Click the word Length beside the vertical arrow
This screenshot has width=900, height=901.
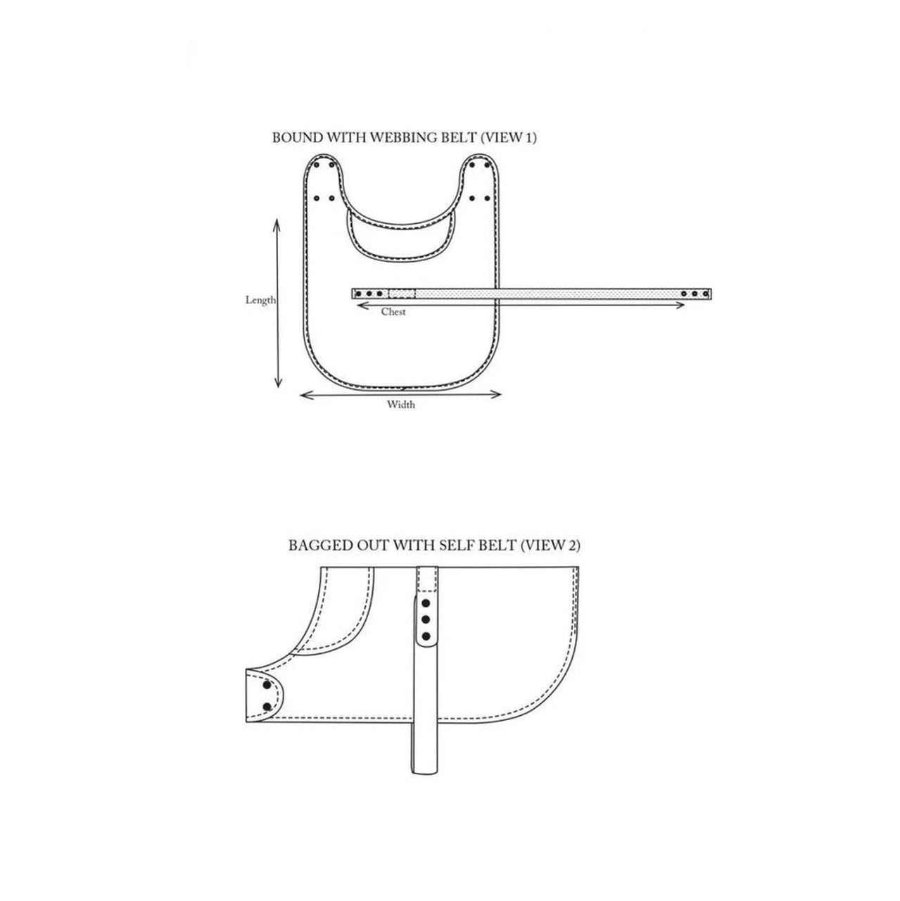(260, 300)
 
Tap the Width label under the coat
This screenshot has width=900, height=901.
(400, 405)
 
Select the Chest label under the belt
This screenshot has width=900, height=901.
(393, 312)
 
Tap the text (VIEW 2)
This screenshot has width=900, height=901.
(551, 546)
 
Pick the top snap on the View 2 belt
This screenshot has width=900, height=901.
(426, 603)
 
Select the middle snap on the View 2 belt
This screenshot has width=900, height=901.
(426, 619)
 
